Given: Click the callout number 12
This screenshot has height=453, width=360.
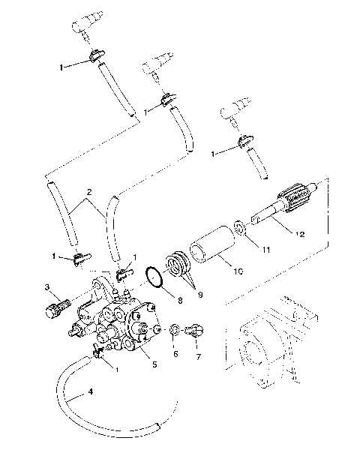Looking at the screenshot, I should [299, 235].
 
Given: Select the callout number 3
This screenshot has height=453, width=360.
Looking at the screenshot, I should [46, 287].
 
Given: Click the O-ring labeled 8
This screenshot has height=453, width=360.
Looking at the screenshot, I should [155, 277].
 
